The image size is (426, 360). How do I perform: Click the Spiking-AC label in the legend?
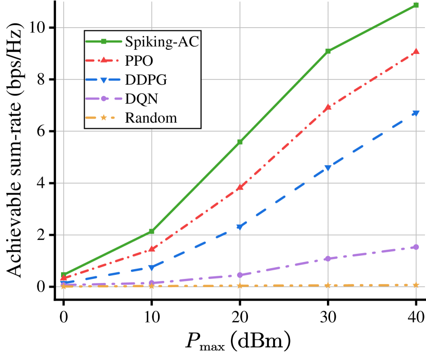[x=162, y=42]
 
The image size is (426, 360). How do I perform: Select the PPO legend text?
[x=139, y=61]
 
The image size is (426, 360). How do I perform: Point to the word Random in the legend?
[x=151, y=118]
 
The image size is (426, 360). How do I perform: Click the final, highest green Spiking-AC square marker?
[x=416, y=6]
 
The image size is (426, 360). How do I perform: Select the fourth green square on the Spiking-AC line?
[x=328, y=51]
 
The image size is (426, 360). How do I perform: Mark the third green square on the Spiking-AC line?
[x=240, y=142]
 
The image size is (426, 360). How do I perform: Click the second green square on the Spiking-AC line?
[x=151, y=232]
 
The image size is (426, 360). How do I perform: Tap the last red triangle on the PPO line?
[x=416, y=51]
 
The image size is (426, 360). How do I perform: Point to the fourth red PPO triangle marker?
[x=328, y=107]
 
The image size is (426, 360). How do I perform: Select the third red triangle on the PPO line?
[x=240, y=187]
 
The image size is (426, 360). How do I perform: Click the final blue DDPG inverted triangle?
[x=416, y=113]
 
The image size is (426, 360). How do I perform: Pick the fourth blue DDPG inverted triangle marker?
[x=328, y=168]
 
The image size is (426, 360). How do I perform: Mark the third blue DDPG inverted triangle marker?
[x=240, y=227]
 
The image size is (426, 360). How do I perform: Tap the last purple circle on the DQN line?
[x=416, y=247]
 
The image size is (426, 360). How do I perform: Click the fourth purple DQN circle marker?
[x=328, y=258]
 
